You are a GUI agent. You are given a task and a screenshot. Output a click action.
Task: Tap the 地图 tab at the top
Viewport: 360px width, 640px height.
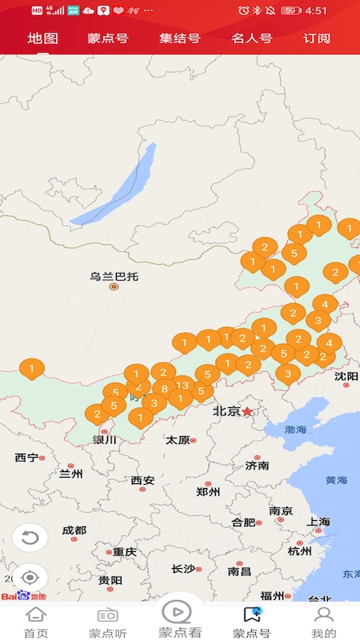click(42, 38)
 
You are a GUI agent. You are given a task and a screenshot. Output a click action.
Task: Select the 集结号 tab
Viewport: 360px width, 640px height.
click(179, 38)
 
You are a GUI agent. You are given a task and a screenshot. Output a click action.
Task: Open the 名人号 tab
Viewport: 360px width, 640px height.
click(251, 38)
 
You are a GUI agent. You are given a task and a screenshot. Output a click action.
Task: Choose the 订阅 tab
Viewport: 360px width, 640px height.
click(317, 38)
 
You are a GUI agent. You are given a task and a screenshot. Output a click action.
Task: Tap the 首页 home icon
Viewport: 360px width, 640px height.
click(35, 622)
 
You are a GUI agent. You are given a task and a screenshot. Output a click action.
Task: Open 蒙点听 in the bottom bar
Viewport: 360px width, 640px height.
click(107, 622)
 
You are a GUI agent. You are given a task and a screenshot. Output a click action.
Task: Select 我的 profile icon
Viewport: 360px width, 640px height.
click(323, 622)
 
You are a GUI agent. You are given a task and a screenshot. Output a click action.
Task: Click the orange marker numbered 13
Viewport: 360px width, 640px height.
click(183, 386)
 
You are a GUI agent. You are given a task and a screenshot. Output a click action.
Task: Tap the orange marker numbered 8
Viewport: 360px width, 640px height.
click(164, 390)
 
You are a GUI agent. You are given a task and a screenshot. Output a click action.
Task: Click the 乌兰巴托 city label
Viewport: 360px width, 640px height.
click(114, 277)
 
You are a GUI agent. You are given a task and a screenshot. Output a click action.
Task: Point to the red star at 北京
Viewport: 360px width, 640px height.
click(248, 410)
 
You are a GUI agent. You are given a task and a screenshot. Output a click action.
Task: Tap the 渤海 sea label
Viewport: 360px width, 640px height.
click(296, 430)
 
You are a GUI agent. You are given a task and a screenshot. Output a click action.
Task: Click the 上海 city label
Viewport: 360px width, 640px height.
click(318, 522)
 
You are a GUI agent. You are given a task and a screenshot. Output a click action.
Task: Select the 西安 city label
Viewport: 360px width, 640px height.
click(142, 481)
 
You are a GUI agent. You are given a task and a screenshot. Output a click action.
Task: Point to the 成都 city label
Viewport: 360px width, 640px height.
click(74, 530)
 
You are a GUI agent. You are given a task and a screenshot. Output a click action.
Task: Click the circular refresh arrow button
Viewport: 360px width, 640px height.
click(30, 537)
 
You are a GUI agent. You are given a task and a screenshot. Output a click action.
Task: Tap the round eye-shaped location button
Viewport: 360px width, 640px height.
click(30, 578)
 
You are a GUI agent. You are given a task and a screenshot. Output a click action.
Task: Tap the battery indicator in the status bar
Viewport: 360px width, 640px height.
click(291, 10)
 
